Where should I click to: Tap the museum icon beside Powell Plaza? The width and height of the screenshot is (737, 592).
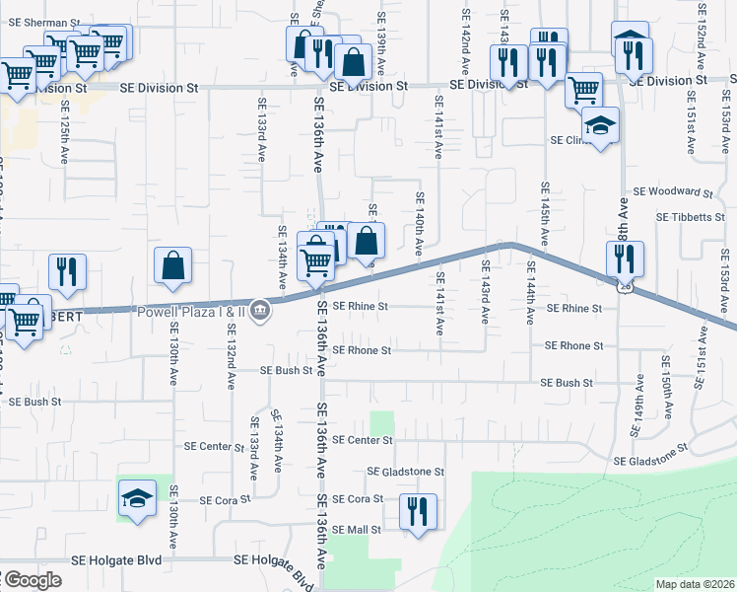[260, 311]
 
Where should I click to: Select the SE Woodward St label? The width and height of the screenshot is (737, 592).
[673, 191]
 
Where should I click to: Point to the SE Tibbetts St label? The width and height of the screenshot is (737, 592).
[691, 217]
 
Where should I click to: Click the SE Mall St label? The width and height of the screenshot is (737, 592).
[357, 530]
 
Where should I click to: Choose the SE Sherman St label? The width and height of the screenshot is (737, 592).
[40, 22]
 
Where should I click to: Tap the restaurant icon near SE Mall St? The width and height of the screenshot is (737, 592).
[418, 511]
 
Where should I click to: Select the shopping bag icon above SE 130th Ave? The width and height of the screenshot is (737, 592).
[172, 264]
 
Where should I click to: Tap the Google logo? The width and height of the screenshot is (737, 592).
[33, 580]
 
